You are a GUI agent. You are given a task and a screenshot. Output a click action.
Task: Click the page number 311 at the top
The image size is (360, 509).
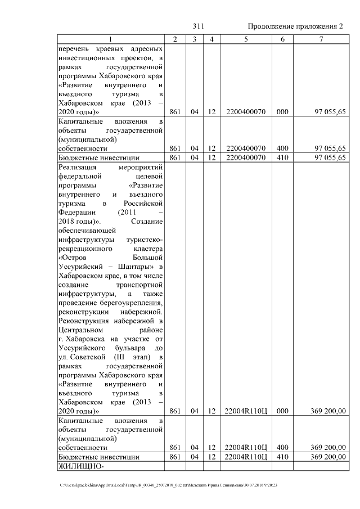[x=197, y=26]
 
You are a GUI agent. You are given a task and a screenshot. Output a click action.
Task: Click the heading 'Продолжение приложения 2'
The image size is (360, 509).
[x=295, y=26]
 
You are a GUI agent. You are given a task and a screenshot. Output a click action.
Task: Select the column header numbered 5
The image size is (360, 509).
[x=246, y=39]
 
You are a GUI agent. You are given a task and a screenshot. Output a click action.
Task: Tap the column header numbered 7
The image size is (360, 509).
[x=321, y=39]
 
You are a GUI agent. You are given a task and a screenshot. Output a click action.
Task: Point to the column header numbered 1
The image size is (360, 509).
[x=110, y=39]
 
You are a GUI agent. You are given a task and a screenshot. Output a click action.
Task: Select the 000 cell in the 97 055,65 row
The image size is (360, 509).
[x=282, y=112]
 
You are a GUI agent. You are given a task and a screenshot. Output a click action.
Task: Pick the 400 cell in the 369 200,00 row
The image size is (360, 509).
[x=282, y=447]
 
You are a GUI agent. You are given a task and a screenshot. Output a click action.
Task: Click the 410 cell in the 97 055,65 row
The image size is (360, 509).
[x=282, y=157]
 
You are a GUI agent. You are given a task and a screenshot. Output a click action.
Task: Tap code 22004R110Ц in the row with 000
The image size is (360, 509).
[x=246, y=411]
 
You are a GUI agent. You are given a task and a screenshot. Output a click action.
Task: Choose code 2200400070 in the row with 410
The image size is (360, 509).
[x=246, y=157]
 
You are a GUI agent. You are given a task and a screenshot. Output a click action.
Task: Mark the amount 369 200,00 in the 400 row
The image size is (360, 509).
[x=328, y=447]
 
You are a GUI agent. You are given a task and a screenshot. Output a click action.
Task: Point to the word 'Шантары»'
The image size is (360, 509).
[x=136, y=266]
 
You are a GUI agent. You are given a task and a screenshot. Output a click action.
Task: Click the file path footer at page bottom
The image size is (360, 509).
[x=169, y=485]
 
